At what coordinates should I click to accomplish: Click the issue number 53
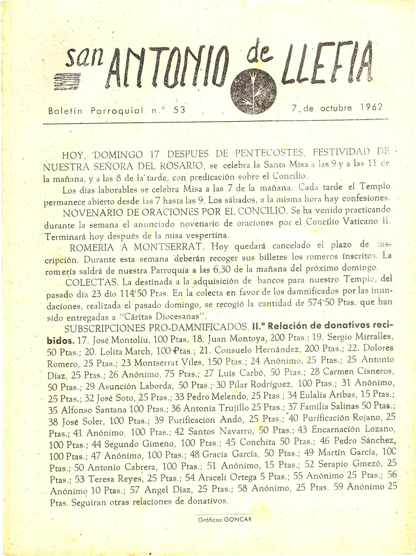click(179, 110)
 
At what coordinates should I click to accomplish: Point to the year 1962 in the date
click(371, 108)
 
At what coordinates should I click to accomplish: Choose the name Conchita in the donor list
click(257, 442)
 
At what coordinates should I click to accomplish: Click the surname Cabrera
click(142, 467)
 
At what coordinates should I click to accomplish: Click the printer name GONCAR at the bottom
click(238, 519)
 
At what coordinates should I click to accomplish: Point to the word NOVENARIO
click(93, 213)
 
